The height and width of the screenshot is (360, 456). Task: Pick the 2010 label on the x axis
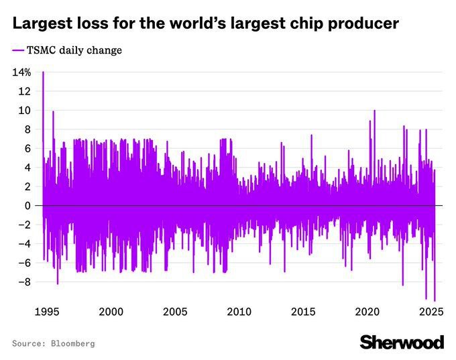click(239, 312)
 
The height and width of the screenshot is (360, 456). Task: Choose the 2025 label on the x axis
click(431, 312)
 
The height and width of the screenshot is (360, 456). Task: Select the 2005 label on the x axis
click(175, 312)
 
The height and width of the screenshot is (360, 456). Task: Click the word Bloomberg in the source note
click(73, 343)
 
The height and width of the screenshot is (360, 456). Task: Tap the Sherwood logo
click(402, 342)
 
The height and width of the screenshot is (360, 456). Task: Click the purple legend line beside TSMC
click(18, 50)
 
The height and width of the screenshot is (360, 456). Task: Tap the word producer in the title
click(362, 25)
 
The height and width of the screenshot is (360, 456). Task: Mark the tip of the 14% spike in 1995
click(43, 72)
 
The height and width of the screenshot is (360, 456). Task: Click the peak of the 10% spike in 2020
click(374, 111)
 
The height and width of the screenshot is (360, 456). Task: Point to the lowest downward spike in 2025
click(435, 301)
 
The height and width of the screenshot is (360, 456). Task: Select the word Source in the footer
click(29, 343)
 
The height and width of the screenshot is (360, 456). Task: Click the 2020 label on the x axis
click(367, 312)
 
